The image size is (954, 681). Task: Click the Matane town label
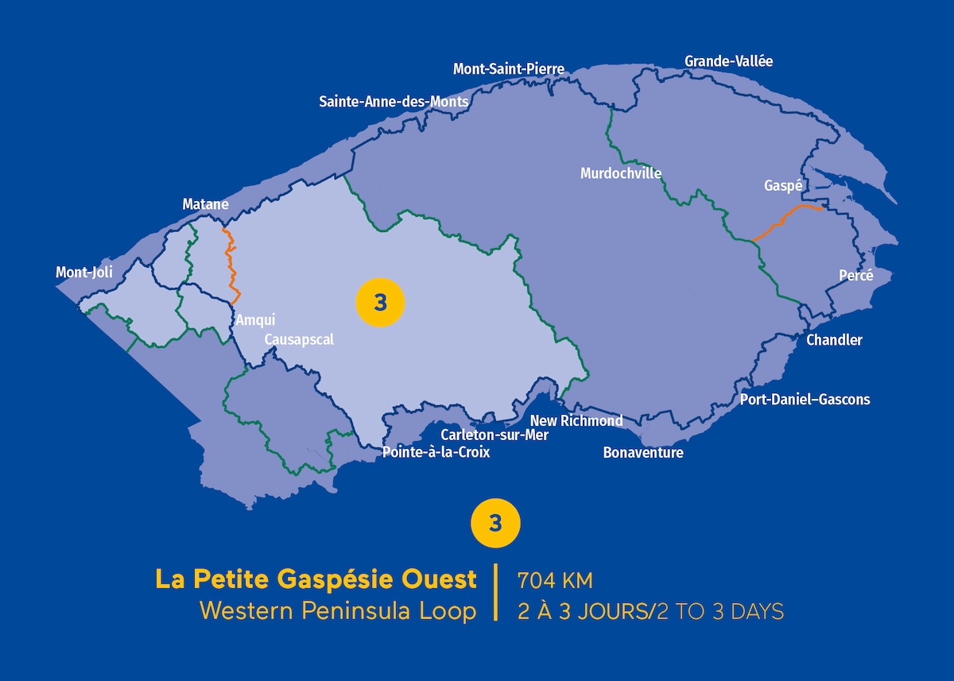(205, 205)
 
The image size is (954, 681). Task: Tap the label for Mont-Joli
(84, 273)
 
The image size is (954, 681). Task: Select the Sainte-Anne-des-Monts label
(394, 102)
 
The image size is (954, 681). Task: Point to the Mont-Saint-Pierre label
(509, 69)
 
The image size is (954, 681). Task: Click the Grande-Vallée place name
(728, 61)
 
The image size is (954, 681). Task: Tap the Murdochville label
(621, 173)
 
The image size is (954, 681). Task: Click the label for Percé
(855, 276)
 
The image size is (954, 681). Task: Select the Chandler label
(834, 340)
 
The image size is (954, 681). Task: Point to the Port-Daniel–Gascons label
(805, 400)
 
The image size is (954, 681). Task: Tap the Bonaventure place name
(643, 453)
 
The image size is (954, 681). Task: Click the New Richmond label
(576, 420)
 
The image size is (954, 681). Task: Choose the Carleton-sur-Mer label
(494, 435)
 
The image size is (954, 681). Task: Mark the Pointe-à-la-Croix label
(436, 452)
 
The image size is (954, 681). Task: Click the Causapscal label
(299, 339)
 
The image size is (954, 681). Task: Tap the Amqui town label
(255, 320)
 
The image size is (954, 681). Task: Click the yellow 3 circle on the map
(380, 303)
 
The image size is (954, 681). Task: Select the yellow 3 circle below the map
(496, 524)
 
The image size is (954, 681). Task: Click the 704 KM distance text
(555, 581)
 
